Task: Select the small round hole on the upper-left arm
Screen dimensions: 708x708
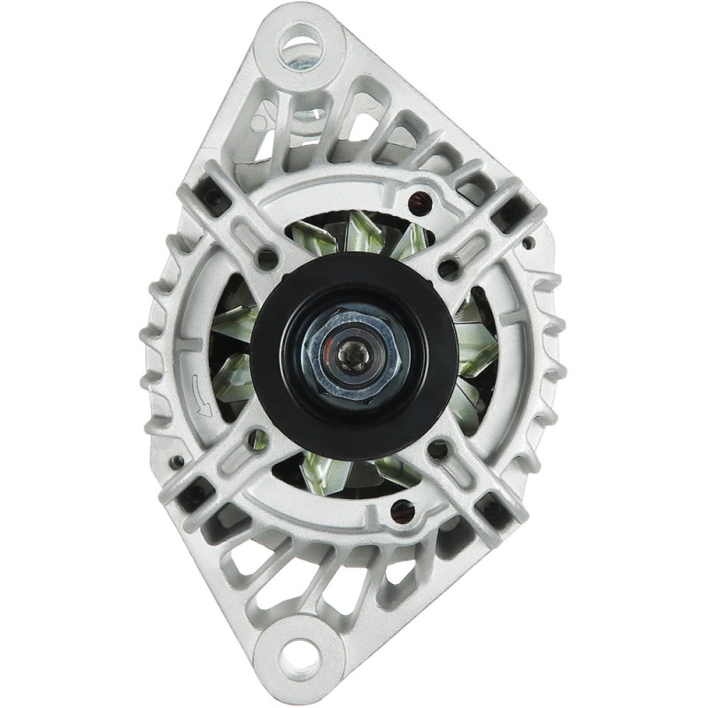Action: [266, 258]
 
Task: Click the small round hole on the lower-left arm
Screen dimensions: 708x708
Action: [257, 435]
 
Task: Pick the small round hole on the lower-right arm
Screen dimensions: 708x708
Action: [438, 450]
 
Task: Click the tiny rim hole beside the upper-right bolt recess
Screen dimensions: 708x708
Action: [529, 241]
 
